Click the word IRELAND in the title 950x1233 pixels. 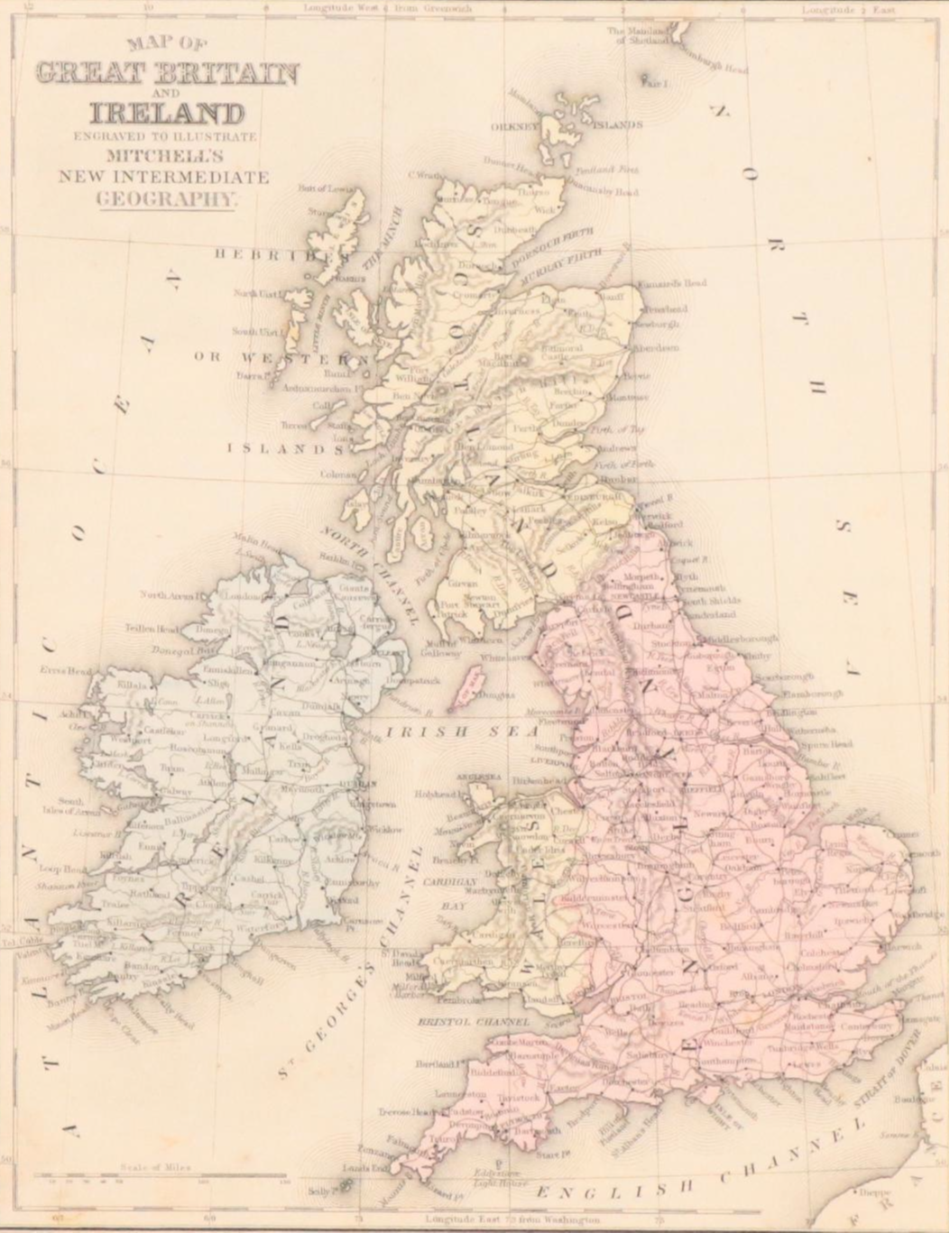tap(167, 114)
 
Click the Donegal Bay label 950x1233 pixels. tap(197, 648)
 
